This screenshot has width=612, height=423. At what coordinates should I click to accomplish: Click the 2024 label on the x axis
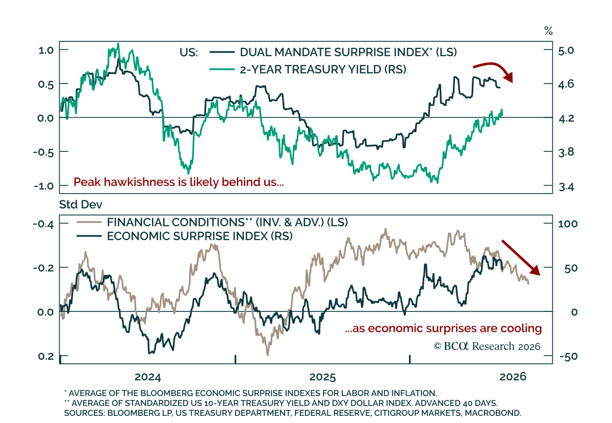click(148, 377)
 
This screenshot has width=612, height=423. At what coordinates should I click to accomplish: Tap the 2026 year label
click(513, 377)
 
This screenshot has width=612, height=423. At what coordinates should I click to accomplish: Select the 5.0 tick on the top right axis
click(566, 50)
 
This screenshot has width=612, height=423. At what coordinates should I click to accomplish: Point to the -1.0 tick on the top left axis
click(44, 186)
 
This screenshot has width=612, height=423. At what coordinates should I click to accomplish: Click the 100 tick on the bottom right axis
click(568, 224)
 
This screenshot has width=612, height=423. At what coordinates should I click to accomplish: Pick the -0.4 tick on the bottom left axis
click(43, 224)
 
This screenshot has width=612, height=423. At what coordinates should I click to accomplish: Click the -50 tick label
click(569, 357)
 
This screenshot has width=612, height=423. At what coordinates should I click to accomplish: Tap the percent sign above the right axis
click(548, 31)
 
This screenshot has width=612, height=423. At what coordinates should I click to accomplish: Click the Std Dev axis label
click(81, 204)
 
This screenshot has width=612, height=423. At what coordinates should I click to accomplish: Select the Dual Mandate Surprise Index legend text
click(348, 52)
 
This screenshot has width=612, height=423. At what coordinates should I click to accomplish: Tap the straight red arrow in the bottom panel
click(521, 257)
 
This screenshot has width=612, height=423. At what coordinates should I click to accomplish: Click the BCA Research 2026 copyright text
click(487, 346)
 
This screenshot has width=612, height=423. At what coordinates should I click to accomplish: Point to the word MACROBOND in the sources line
click(493, 413)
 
